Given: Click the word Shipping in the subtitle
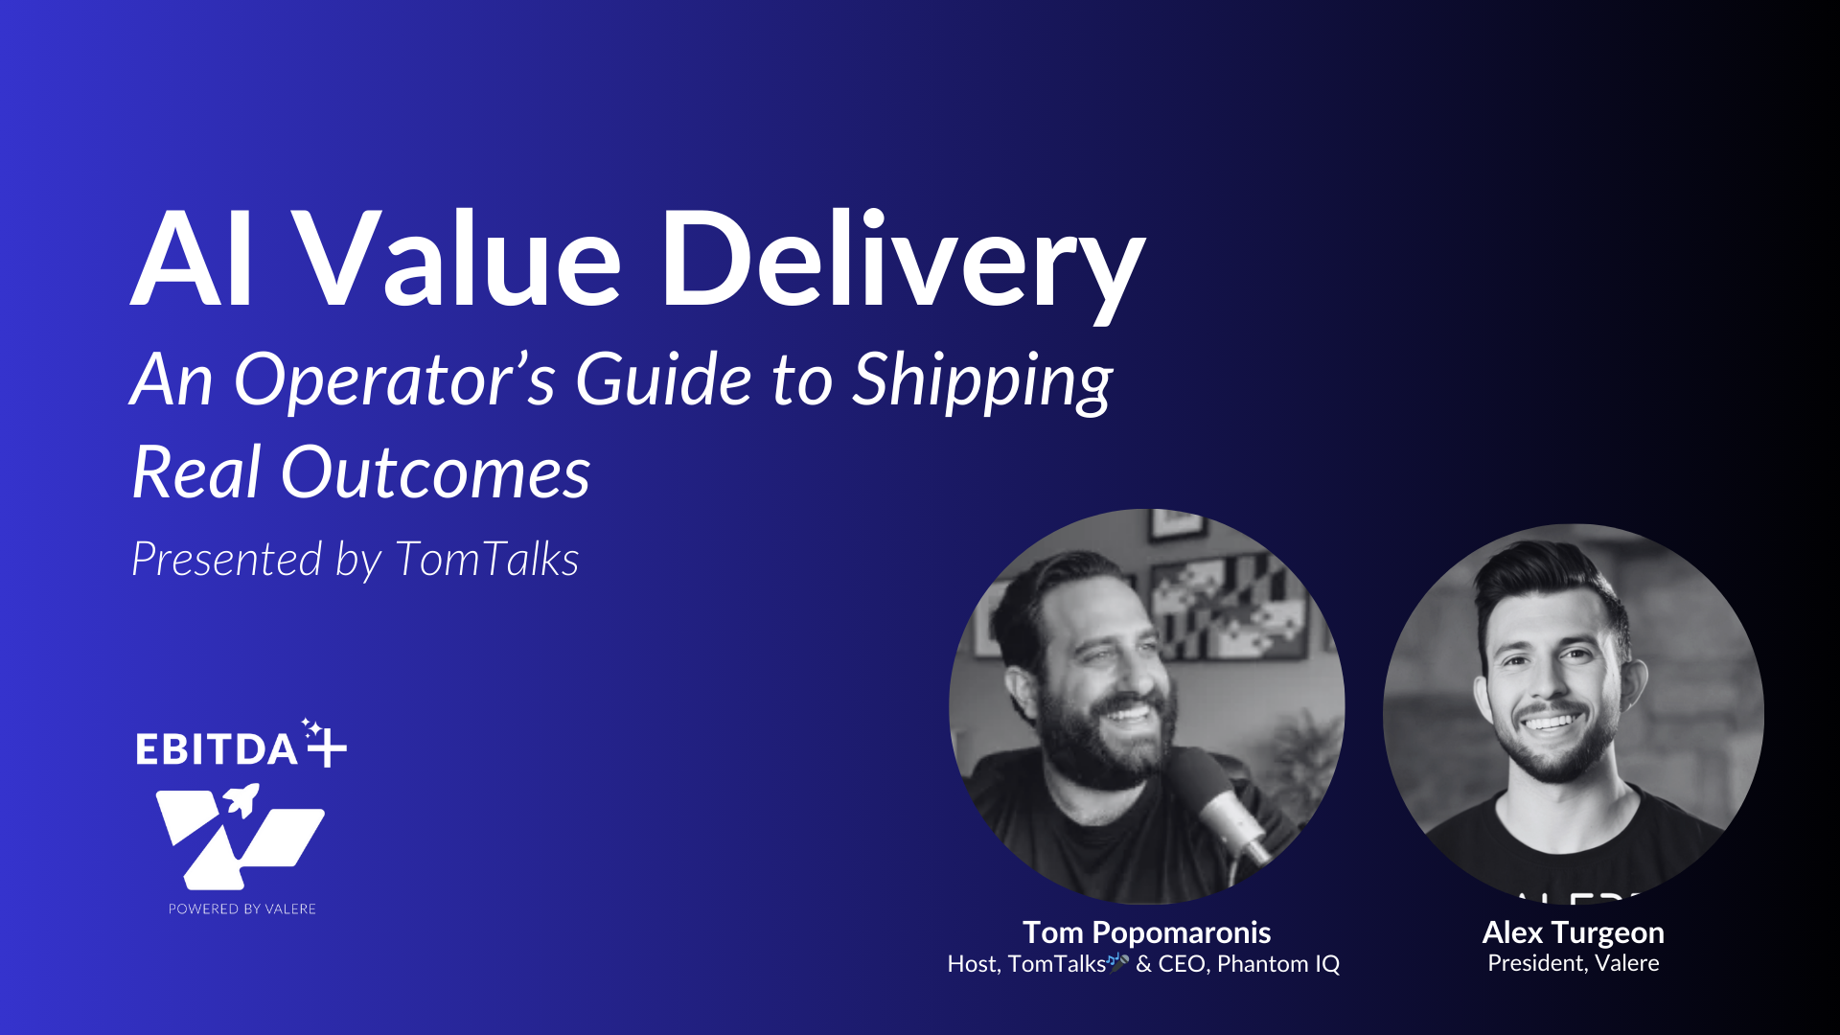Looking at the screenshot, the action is click(x=982, y=382).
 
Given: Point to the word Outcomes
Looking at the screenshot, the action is click(x=435, y=472).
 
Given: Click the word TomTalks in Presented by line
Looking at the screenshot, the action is click(x=487, y=559).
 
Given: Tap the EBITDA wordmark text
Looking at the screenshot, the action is click(x=217, y=749).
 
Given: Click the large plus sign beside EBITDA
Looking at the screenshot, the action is click(x=327, y=747).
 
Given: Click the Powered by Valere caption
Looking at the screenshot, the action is click(x=242, y=908).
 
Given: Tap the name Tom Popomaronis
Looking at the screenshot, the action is click(x=1146, y=932).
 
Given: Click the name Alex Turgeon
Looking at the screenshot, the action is click(x=1573, y=932).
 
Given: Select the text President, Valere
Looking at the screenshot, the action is click(x=1573, y=963).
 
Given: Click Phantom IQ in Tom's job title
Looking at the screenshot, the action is click(x=1278, y=964).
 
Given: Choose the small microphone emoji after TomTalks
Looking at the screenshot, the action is click(x=1118, y=961).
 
